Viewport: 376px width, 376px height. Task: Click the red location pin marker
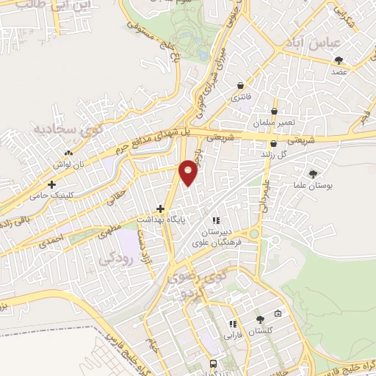189,172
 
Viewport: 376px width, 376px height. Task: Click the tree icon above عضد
338,60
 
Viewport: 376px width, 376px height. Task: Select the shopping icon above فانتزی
241,86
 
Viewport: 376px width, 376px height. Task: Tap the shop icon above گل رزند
273,143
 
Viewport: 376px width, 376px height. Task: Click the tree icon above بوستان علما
314,174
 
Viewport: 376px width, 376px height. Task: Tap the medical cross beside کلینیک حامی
51,185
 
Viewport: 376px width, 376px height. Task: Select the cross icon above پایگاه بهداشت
160,209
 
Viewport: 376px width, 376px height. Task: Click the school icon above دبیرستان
215,220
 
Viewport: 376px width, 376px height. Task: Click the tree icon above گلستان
260,319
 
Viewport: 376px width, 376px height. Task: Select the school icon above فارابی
233,324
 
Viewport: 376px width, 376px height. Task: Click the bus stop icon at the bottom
213,364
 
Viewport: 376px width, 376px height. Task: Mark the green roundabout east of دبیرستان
254,234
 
